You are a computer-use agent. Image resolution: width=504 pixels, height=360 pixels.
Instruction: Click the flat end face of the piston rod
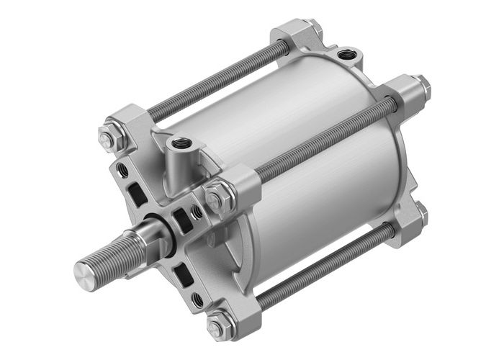pyautogui.click(x=84, y=271)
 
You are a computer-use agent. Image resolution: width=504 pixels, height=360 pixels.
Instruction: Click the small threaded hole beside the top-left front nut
pyautogui.click(x=122, y=169)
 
